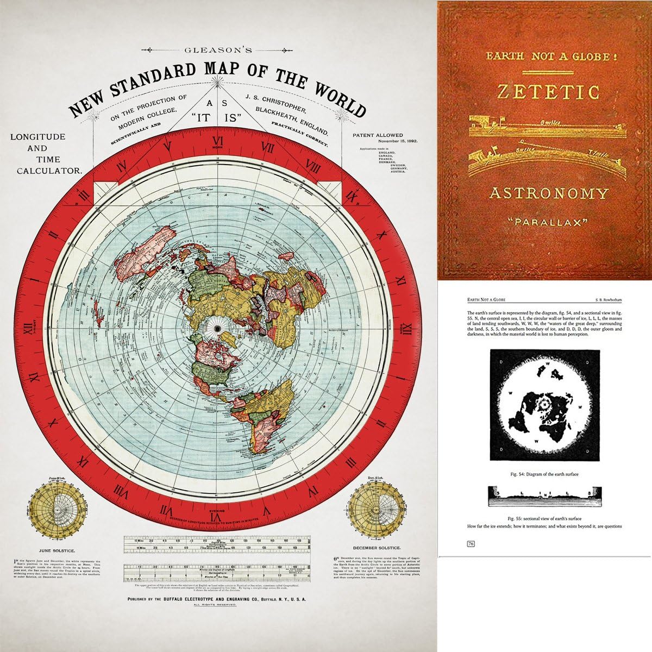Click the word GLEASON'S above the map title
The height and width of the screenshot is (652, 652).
point(218,50)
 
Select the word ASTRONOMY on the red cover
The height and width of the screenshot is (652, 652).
point(548,193)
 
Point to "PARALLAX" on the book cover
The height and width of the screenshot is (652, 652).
point(548,222)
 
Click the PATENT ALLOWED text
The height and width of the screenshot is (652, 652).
point(378,135)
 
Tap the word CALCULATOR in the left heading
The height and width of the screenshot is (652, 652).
point(49,171)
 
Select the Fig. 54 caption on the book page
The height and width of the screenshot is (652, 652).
point(545,474)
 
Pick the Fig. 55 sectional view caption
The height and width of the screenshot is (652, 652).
point(545,518)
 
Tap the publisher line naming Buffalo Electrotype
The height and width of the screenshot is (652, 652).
point(217,599)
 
